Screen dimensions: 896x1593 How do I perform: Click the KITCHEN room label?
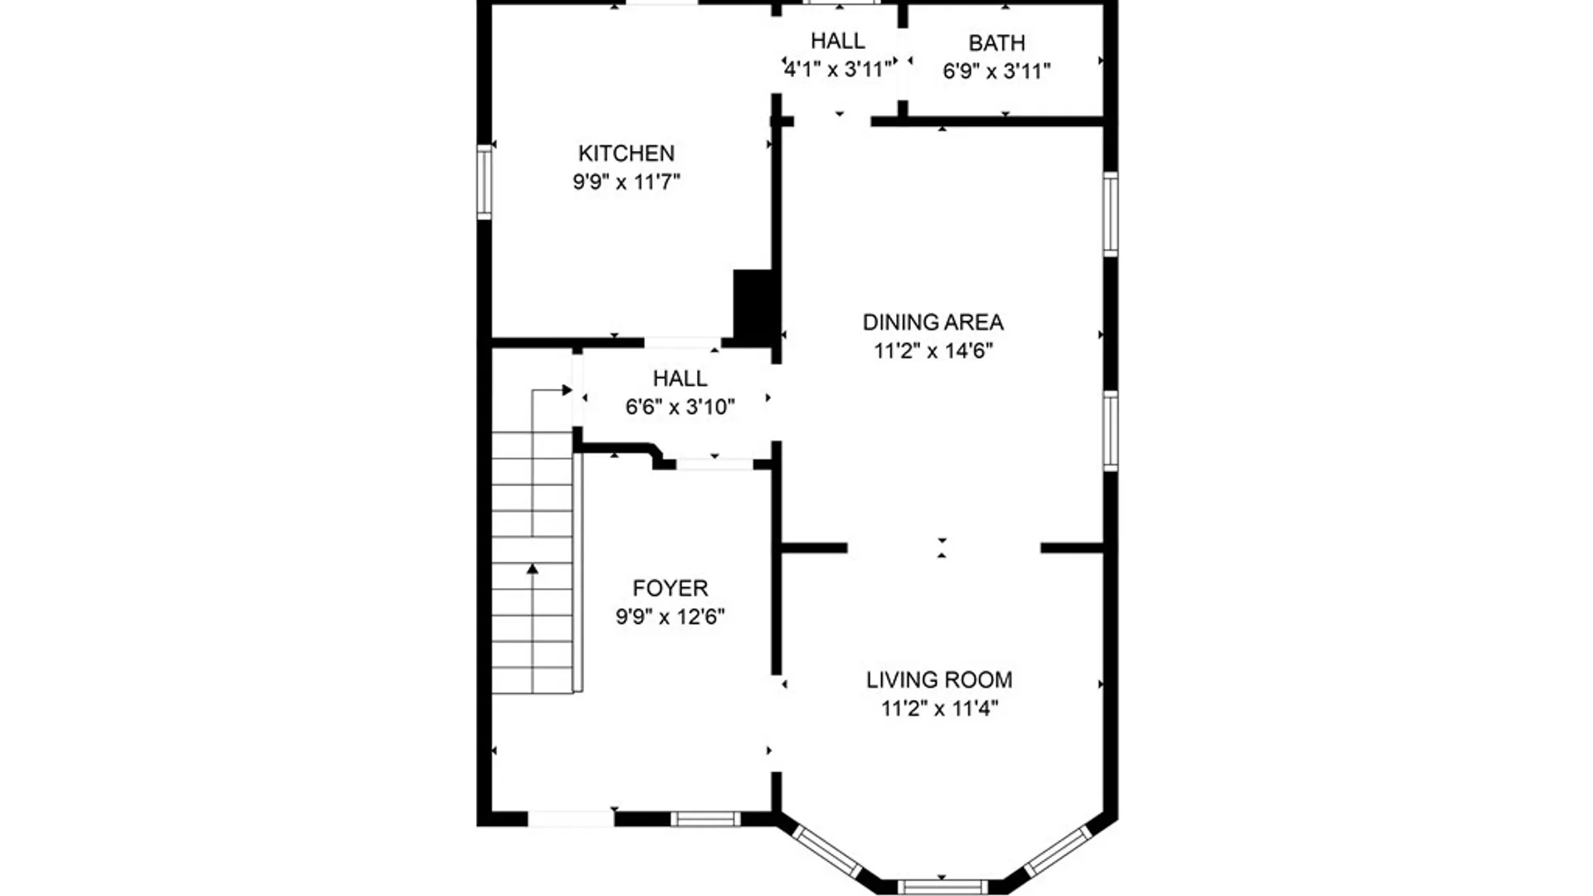(x=626, y=153)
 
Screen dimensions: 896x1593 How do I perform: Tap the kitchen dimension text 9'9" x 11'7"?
(x=626, y=182)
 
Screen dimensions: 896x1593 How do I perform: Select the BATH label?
(x=996, y=43)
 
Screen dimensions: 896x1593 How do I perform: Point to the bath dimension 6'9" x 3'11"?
(x=996, y=71)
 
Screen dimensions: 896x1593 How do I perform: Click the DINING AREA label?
(x=933, y=322)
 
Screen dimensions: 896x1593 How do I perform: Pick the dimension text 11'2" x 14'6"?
(x=933, y=351)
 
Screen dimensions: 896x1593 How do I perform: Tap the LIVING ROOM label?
(x=939, y=680)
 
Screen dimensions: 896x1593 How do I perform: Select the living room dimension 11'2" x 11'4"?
(x=939, y=709)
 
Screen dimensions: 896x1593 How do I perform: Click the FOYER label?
(x=670, y=588)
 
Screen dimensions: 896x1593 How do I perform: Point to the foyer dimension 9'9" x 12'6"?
(x=670, y=616)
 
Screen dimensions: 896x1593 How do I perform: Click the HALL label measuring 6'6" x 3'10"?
(x=680, y=378)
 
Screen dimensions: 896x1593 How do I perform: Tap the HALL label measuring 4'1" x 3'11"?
(x=837, y=41)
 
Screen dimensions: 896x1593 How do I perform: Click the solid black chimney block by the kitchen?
(x=753, y=305)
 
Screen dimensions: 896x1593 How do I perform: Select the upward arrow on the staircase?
(x=533, y=569)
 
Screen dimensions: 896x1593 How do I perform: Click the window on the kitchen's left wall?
(x=485, y=182)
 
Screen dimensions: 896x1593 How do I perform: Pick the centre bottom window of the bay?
(x=942, y=887)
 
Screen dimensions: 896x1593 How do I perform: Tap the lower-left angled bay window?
(x=827, y=850)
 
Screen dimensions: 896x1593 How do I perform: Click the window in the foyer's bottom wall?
(x=704, y=819)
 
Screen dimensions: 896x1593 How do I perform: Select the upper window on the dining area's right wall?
(x=1110, y=213)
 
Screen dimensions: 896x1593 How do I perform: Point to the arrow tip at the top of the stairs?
(x=568, y=390)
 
